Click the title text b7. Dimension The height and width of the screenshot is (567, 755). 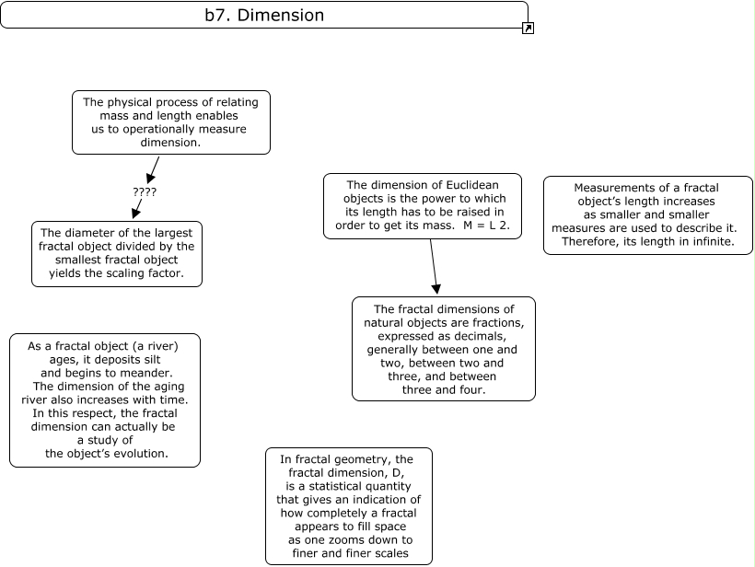(x=264, y=16)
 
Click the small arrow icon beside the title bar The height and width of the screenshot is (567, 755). (x=528, y=29)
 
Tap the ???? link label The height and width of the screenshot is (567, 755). (x=145, y=192)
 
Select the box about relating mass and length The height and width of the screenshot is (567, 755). (x=171, y=122)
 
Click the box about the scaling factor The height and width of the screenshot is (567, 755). (x=117, y=253)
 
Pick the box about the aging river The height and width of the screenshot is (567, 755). (x=104, y=399)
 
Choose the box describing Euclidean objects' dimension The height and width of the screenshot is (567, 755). (x=423, y=206)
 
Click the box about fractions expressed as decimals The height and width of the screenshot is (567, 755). (x=444, y=349)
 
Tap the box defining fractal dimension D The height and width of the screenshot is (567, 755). (x=349, y=505)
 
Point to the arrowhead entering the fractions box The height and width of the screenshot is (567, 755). (x=436, y=288)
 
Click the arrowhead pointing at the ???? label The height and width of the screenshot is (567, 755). (x=149, y=178)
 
